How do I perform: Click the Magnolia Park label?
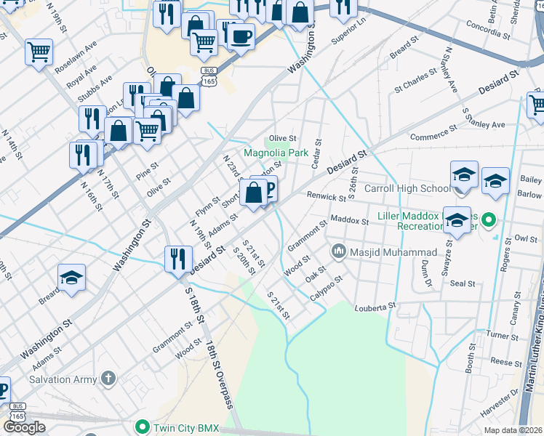[276, 153]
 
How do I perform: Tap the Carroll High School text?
[408, 189]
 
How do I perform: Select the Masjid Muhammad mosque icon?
[338, 252]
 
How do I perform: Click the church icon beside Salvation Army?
[108, 379]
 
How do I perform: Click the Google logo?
[24, 427]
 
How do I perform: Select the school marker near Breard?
[71, 278]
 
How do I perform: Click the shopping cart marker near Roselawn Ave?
[38, 52]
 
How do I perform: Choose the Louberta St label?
[375, 307]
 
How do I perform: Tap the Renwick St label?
[326, 196]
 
